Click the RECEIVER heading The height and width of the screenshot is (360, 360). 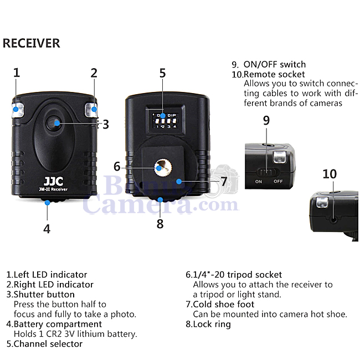32,43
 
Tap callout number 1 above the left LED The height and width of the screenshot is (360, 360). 17,73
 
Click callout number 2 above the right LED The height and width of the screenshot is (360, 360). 94,73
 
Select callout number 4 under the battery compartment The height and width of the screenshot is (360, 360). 47,228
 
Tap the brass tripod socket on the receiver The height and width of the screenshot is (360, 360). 162,166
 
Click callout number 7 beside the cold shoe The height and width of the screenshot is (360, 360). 224,181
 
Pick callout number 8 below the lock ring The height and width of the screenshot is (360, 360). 160,224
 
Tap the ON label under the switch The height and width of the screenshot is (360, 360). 259,182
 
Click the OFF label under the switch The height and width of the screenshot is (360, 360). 278,182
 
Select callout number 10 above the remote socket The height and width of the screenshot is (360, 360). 330,174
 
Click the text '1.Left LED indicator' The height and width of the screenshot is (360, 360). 47,274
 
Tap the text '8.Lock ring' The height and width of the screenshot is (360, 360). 208,324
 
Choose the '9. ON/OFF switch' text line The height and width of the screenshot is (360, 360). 269,64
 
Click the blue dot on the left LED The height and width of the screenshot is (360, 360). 17,110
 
